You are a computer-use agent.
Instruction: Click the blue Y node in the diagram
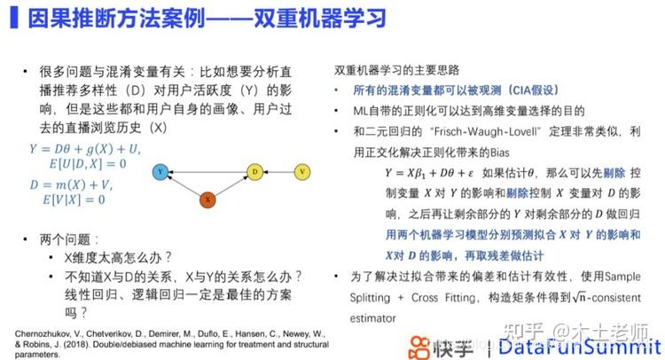tap(160, 170)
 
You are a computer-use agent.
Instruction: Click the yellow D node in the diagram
tap(254, 170)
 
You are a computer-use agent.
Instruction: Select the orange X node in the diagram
tap(207, 200)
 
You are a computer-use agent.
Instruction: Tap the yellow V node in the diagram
tap(302, 170)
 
